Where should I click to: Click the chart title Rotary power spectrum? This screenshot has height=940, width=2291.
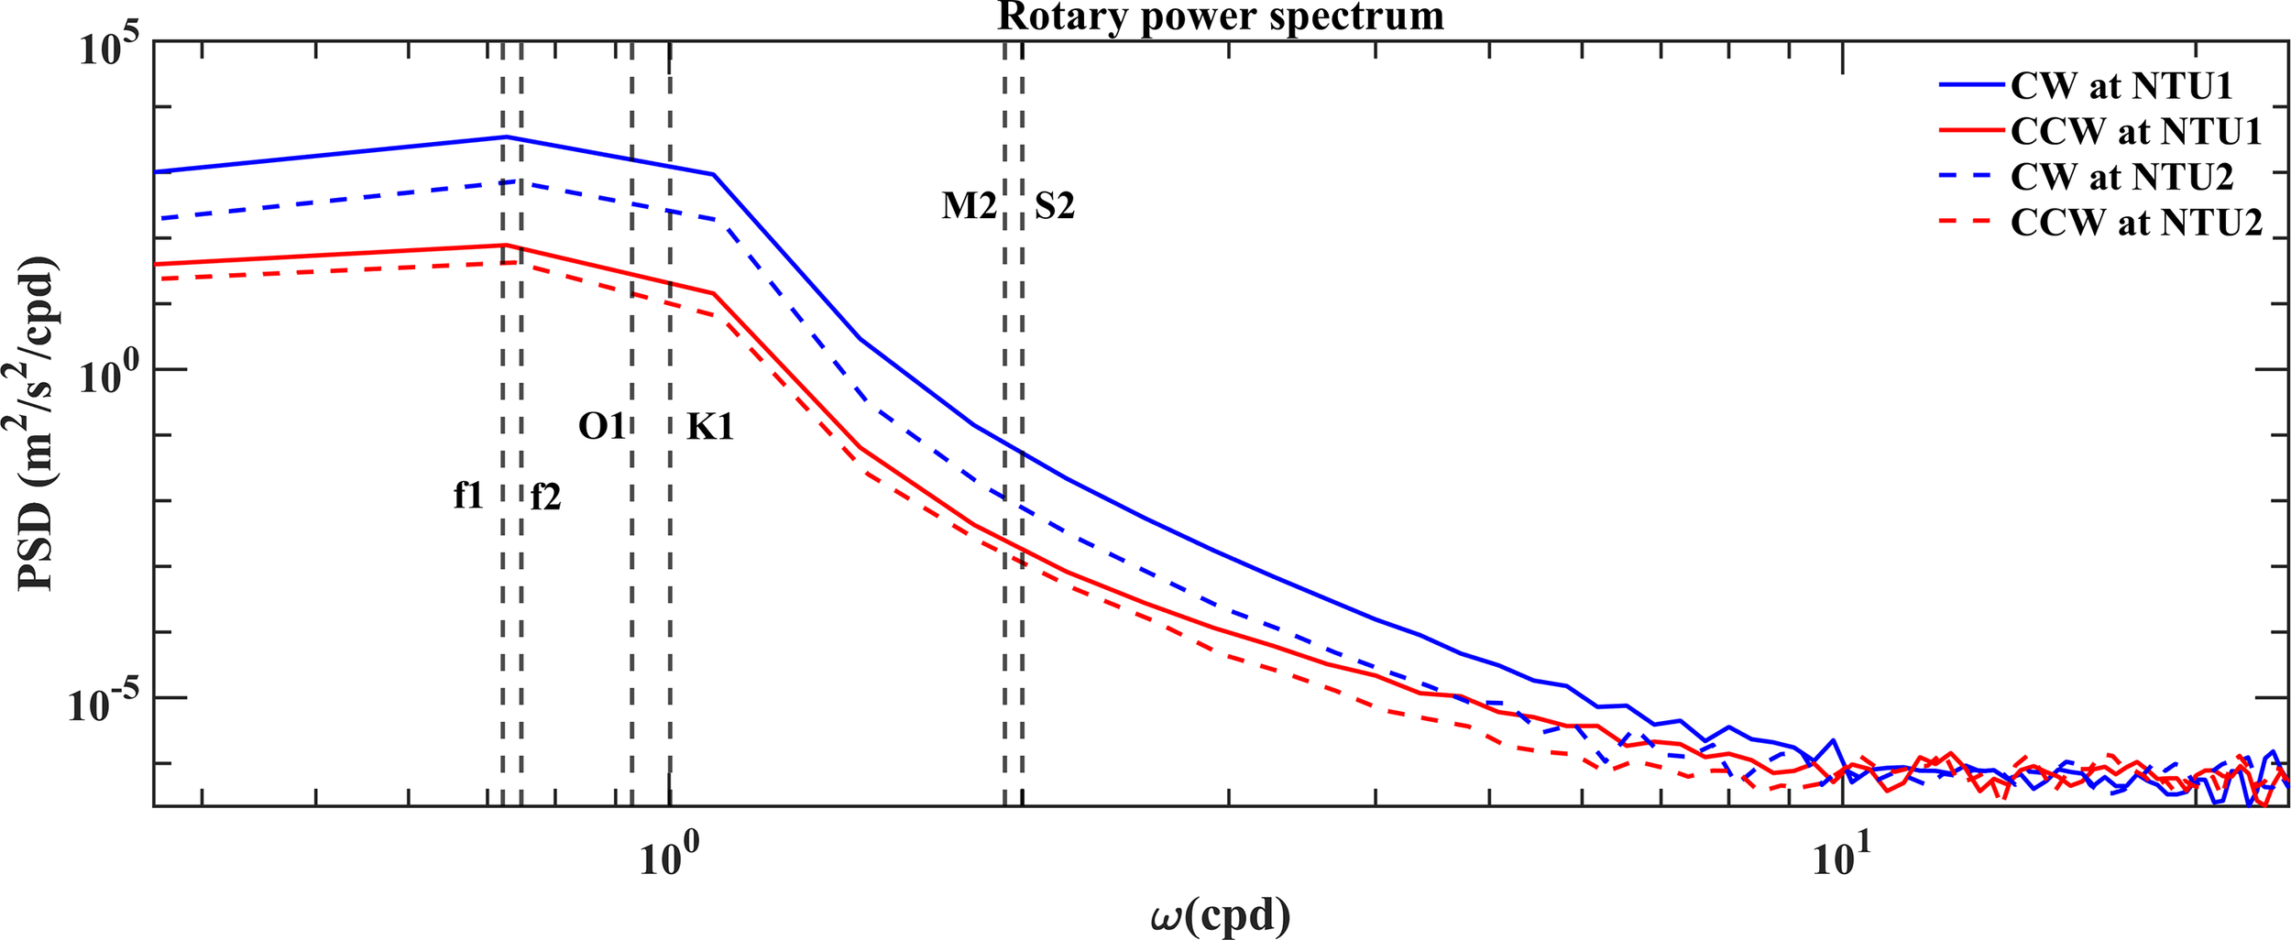[x=1220, y=16]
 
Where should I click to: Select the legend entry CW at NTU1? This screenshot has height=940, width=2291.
[x=2121, y=86]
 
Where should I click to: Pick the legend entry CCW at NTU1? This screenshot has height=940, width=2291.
[x=2135, y=132]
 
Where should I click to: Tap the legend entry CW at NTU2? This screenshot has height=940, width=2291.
[x=2121, y=177]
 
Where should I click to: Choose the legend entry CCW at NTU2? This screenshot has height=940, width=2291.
[x=2135, y=223]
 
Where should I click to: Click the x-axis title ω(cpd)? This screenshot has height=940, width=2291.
[x=1220, y=915]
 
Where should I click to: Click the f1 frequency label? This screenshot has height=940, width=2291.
[x=468, y=496]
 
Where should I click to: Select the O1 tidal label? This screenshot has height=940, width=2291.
[x=601, y=426]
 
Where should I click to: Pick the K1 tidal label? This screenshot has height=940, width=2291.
[x=710, y=427]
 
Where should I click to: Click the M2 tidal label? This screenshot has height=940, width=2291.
[x=969, y=206]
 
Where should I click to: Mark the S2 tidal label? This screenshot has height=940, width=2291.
[x=1054, y=206]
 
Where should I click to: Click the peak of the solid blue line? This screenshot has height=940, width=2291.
[x=504, y=137]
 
